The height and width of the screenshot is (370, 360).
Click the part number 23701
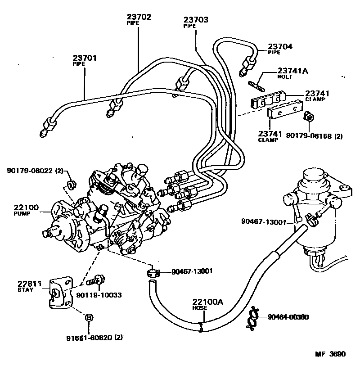85,58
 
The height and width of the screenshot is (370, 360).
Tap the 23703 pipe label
196,20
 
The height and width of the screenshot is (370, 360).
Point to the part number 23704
280,46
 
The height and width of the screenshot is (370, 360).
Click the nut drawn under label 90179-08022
70,184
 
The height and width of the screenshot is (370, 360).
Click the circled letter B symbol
89,318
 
